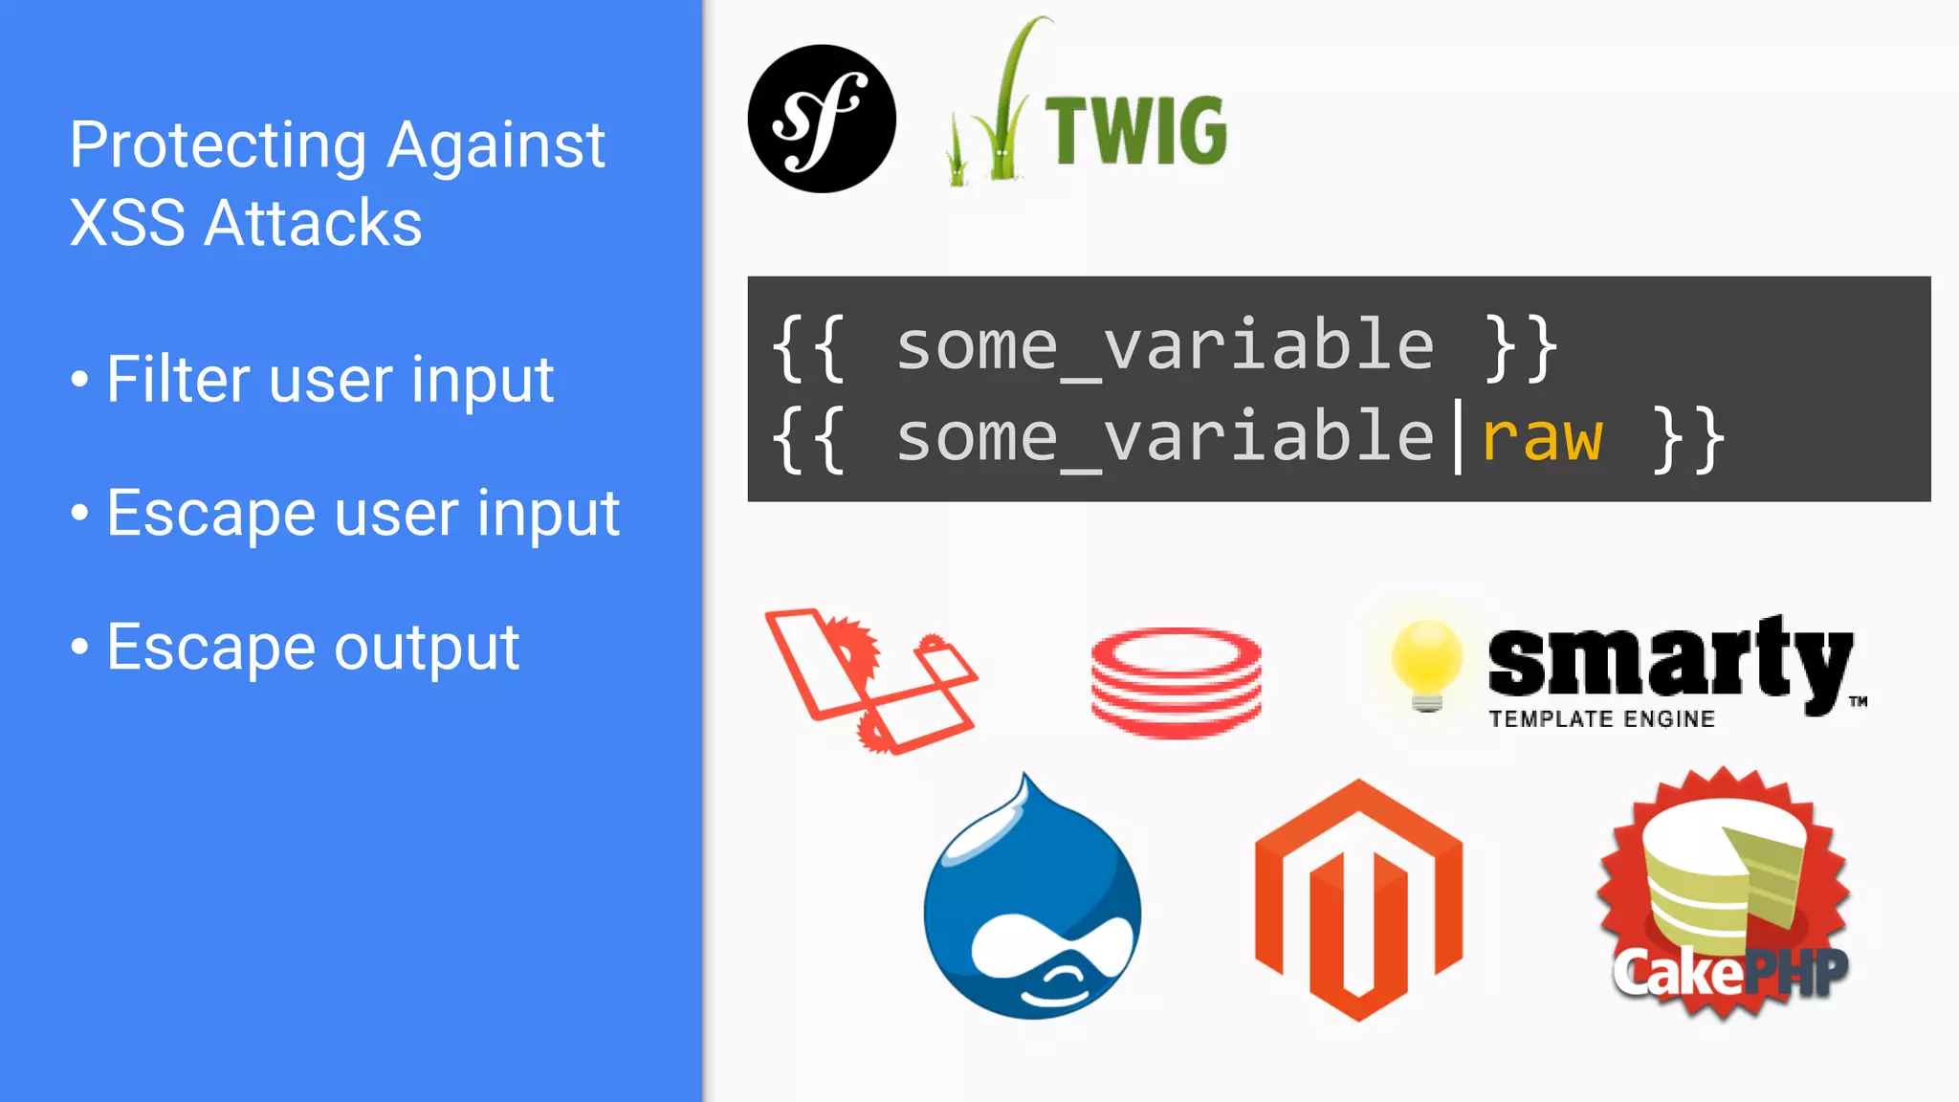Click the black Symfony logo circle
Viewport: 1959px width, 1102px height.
[822, 119]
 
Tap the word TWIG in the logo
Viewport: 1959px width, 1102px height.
[1135, 131]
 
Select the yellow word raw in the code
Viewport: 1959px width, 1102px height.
[1541, 438]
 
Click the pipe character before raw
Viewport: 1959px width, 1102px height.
[1458, 438]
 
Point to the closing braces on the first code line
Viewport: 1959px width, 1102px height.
[1522, 346]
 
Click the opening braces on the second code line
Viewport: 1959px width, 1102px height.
[809, 438]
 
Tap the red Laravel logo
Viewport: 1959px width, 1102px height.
[870, 680]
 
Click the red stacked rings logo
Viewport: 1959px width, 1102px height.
[1176, 682]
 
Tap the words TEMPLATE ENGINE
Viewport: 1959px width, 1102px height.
[1601, 719]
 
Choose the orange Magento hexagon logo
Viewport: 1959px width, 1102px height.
[1358, 899]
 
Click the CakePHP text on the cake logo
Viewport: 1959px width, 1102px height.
[1729, 972]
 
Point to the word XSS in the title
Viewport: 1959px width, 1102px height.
[127, 224]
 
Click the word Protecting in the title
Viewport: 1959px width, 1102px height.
[218, 145]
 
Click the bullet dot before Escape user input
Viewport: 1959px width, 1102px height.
[80, 514]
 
